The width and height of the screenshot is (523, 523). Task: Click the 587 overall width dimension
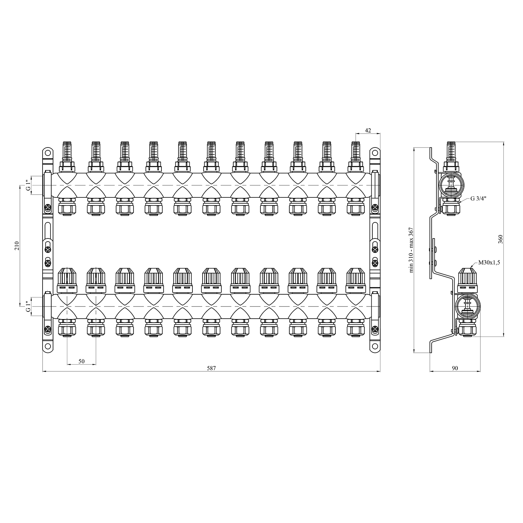pyautogui.click(x=212, y=368)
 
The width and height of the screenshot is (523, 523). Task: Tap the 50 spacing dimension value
pyautogui.click(x=81, y=361)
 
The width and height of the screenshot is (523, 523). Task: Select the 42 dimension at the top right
pyautogui.click(x=368, y=130)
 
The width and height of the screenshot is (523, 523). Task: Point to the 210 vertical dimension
pyautogui.click(x=16, y=245)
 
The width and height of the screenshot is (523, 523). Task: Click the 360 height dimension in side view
pyautogui.click(x=500, y=239)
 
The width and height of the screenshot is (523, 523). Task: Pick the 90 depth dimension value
pyautogui.click(x=455, y=368)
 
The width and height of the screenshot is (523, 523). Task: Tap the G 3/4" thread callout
pyautogui.click(x=478, y=199)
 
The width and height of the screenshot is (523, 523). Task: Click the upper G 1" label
pyautogui.click(x=28, y=185)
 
